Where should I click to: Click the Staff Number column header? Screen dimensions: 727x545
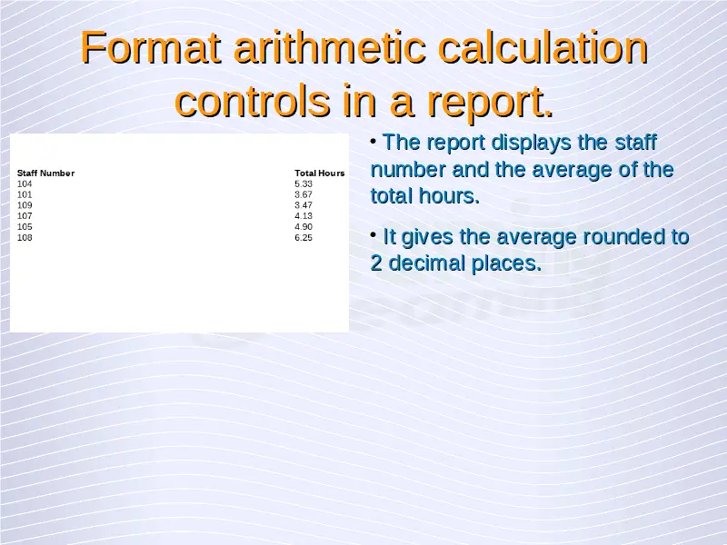pyautogui.click(x=46, y=173)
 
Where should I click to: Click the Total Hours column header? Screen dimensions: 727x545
pyautogui.click(x=320, y=173)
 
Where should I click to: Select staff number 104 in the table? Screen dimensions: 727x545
pyautogui.click(x=25, y=184)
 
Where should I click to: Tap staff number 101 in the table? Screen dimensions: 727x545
pyautogui.click(x=25, y=194)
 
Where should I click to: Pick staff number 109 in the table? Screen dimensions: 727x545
pyautogui.click(x=25, y=205)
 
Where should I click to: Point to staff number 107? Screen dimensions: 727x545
pyautogui.click(x=25, y=216)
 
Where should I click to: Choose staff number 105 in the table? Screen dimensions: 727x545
pyautogui.click(x=25, y=226)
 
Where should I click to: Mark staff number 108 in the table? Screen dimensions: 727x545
pyautogui.click(x=25, y=238)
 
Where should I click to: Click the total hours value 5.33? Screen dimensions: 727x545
pyautogui.click(x=304, y=184)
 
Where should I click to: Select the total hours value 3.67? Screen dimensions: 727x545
pyautogui.click(x=304, y=194)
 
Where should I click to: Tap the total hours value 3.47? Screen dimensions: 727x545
pyautogui.click(x=304, y=205)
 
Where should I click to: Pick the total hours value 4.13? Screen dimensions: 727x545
pyautogui.click(x=304, y=216)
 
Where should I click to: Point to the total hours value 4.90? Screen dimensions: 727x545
pyautogui.click(x=304, y=226)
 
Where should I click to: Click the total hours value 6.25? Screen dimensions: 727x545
pyautogui.click(x=304, y=238)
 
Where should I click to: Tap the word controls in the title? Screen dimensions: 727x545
pyautogui.click(x=253, y=101)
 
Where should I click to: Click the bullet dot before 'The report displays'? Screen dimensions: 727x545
pyautogui.click(x=373, y=141)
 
